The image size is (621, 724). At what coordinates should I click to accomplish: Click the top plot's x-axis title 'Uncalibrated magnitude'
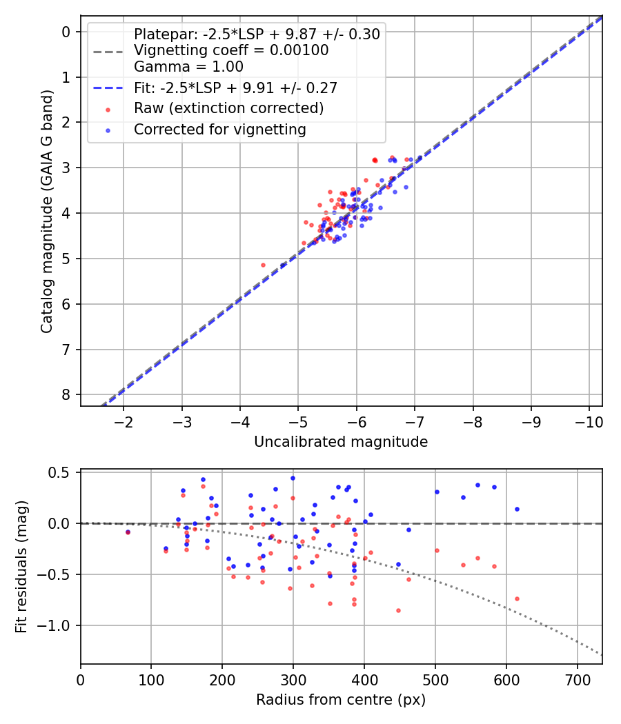341,442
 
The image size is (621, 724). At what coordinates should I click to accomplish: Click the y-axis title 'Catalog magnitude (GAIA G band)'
46,210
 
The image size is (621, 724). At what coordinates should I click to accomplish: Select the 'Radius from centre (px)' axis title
341,700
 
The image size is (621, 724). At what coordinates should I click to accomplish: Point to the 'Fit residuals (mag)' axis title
21,567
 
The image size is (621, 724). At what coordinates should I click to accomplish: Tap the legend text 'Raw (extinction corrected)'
228,108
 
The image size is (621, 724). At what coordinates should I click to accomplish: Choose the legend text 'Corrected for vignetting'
220,129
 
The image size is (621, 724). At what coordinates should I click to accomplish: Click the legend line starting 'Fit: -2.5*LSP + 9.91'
235,88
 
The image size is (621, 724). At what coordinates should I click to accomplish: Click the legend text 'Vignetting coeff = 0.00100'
231,50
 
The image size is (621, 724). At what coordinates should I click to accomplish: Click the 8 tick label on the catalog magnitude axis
66,395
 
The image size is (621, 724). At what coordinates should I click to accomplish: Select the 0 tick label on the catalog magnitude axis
66,32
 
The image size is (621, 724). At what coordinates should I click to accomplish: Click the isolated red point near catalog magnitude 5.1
263,265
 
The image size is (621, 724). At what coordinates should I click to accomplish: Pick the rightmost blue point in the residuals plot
517,509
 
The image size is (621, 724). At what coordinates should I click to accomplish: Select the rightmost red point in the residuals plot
517,599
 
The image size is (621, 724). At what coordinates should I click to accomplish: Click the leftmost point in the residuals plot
128,532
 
